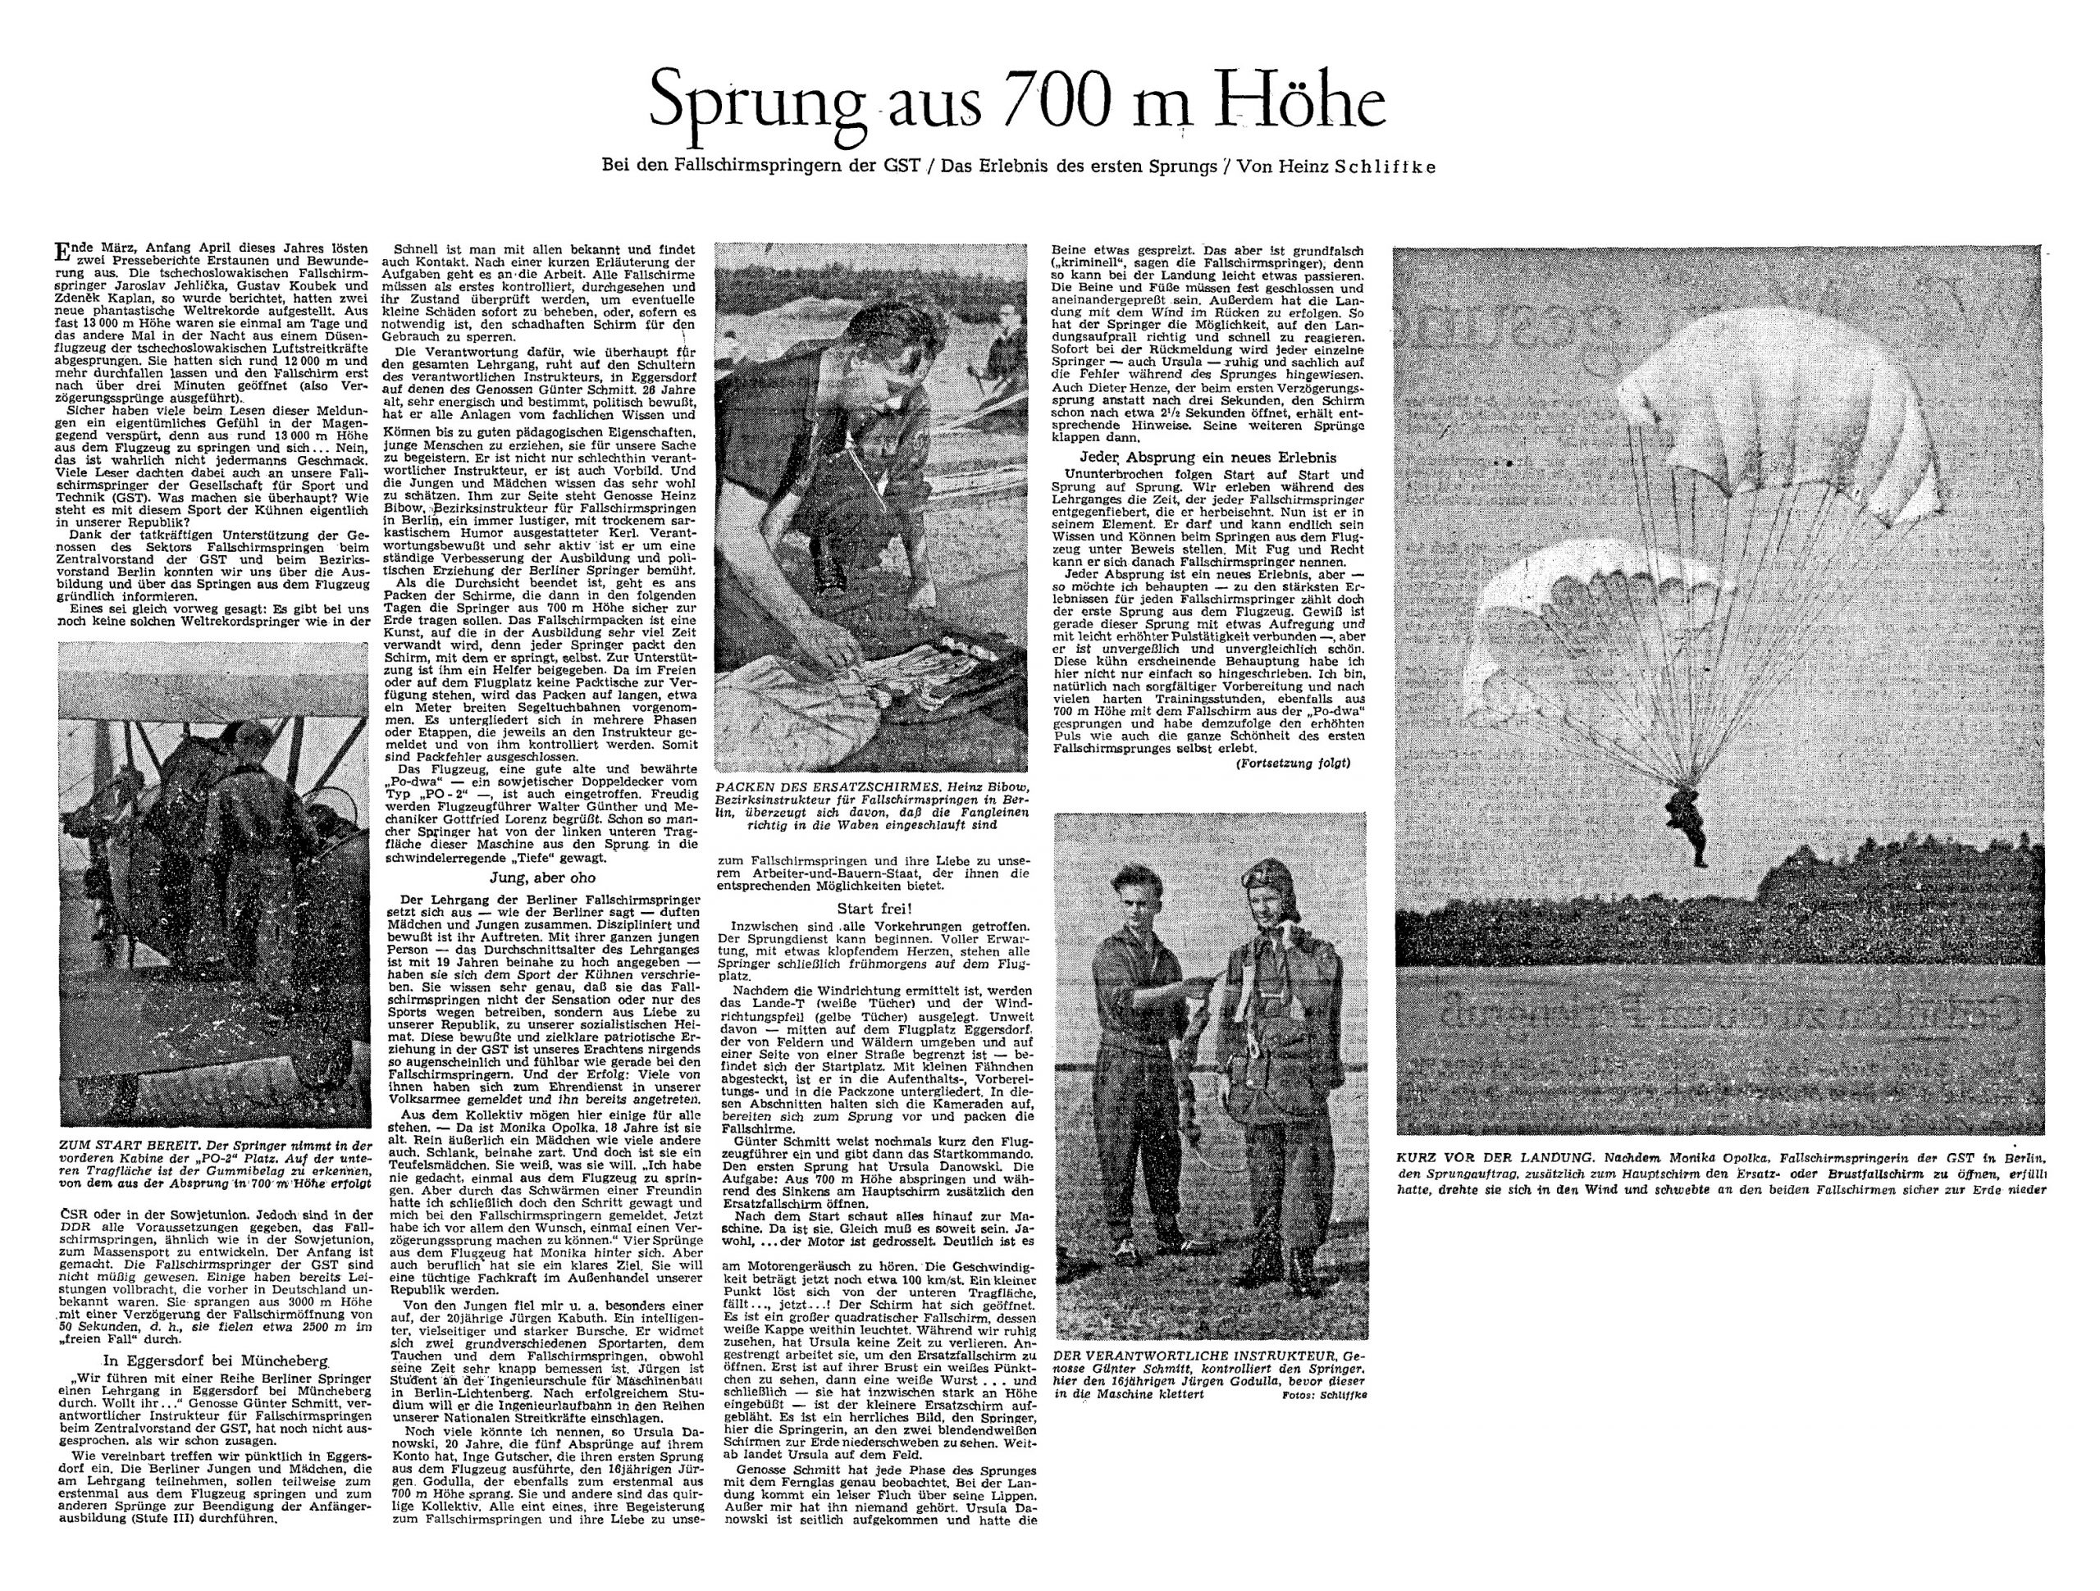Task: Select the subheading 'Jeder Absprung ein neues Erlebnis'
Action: [1207, 458]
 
